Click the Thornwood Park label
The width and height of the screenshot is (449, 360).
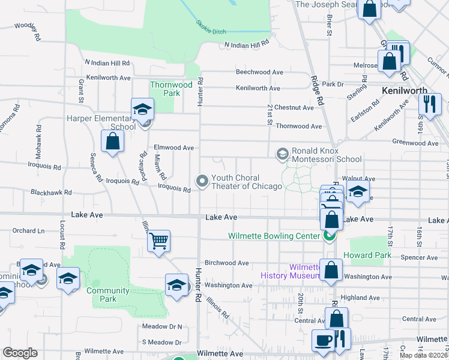pos(171,89)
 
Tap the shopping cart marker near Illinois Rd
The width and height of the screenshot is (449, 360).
pos(159,241)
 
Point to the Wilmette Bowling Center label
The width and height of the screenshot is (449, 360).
pos(274,236)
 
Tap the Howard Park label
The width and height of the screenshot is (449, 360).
pos(367,255)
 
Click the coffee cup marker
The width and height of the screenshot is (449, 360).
pos(323,341)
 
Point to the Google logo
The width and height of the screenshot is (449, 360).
pos(20,353)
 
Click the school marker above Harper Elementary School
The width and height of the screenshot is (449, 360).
pos(142,110)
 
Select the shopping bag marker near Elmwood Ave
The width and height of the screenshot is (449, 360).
pos(112,142)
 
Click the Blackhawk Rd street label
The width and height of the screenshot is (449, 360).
pos(51,193)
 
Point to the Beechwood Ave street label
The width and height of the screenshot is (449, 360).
pos(259,72)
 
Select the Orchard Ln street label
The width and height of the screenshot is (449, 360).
pos(28,230)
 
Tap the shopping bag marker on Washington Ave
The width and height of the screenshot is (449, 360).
pos(331,271)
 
